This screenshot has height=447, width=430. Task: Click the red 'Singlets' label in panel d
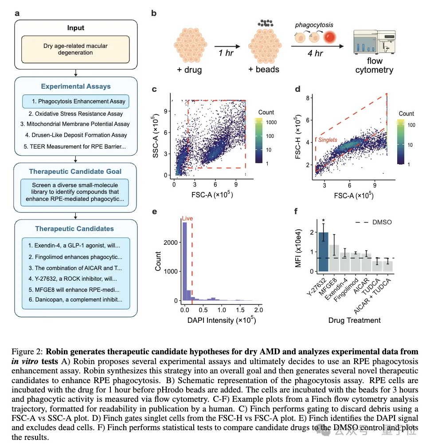point(328,140)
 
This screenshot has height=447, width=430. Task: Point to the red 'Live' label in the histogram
point(188,218)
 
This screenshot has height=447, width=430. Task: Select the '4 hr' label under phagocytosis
point(315,53)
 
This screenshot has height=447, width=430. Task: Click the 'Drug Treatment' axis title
point(354,320)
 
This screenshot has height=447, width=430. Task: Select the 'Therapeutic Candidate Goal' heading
point(75,171)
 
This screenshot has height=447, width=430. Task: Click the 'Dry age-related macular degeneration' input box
point(75,49)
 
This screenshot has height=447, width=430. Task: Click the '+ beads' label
point(264,70)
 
